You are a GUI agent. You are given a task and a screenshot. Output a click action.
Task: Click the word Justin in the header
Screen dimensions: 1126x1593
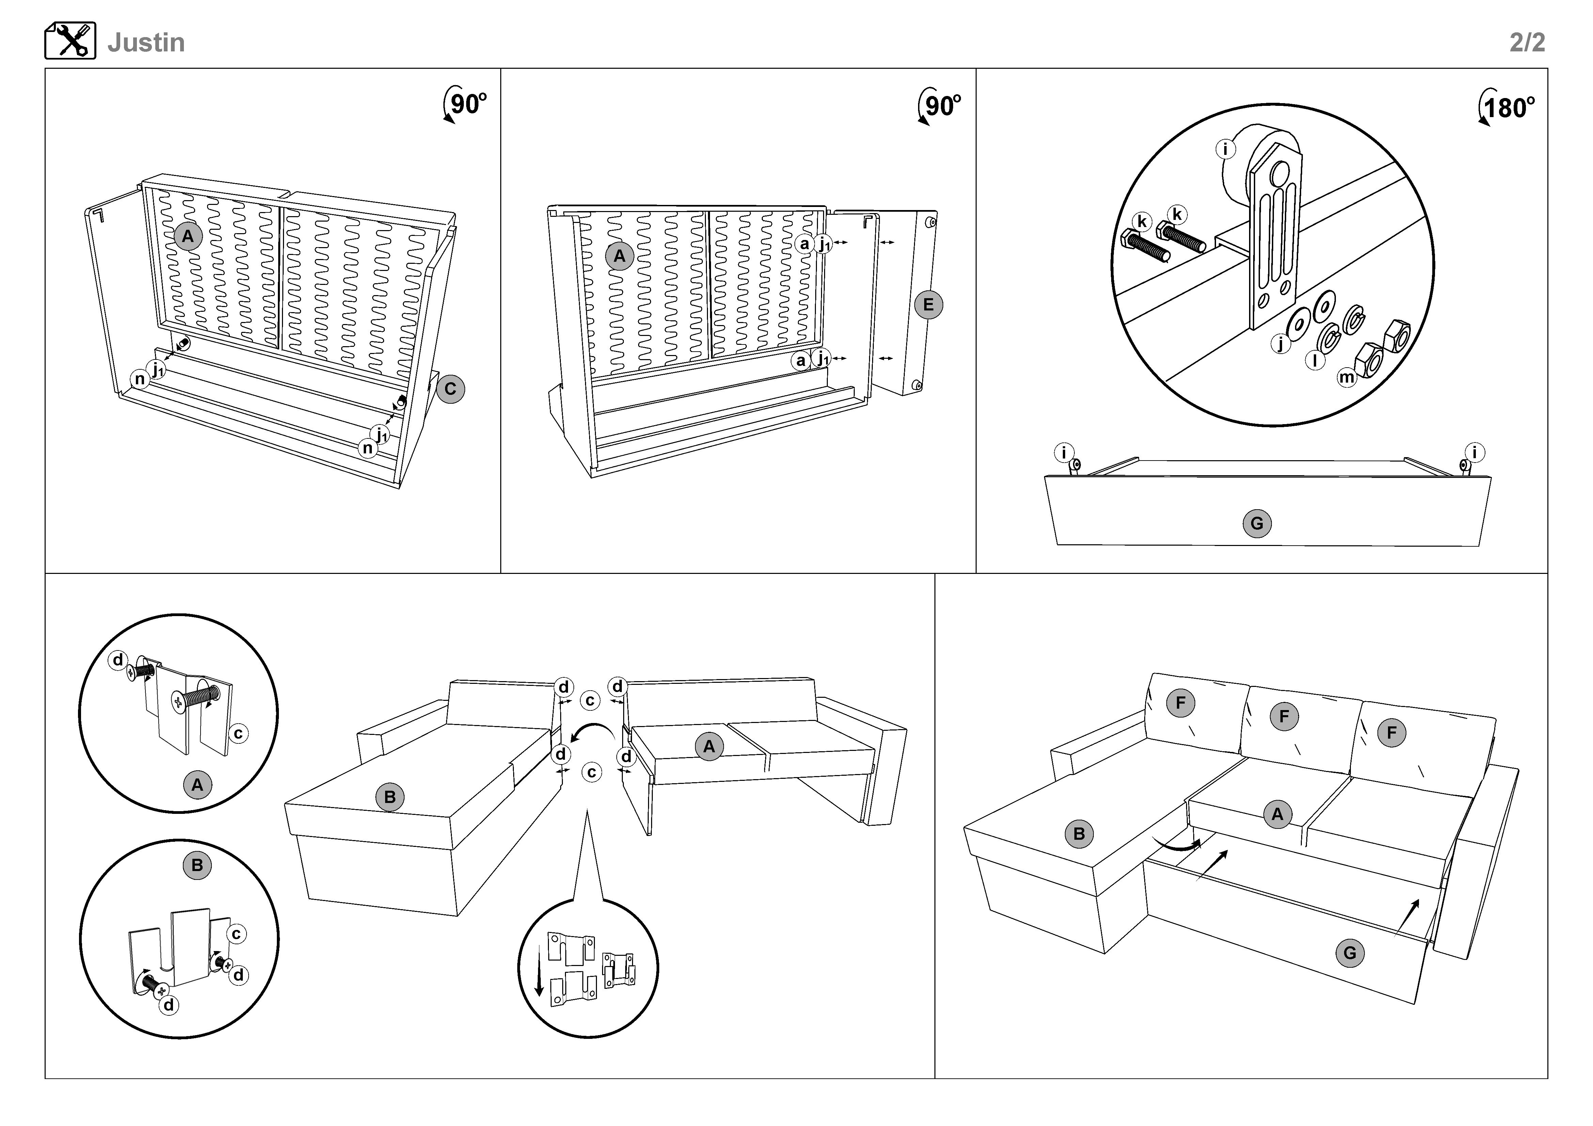tap(146, 43)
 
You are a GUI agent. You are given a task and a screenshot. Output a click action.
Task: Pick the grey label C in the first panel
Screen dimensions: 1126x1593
tap(450, 389)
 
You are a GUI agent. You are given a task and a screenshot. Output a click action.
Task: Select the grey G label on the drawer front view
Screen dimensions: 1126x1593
tap(1257, 524)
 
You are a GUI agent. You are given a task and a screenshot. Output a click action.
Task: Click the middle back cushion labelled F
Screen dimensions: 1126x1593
tap(1283, 716)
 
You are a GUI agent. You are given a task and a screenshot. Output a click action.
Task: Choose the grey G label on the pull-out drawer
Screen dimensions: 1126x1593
tap(1350, 953)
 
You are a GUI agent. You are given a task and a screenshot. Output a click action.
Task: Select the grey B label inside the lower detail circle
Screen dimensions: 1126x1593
tap(197, 865)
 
